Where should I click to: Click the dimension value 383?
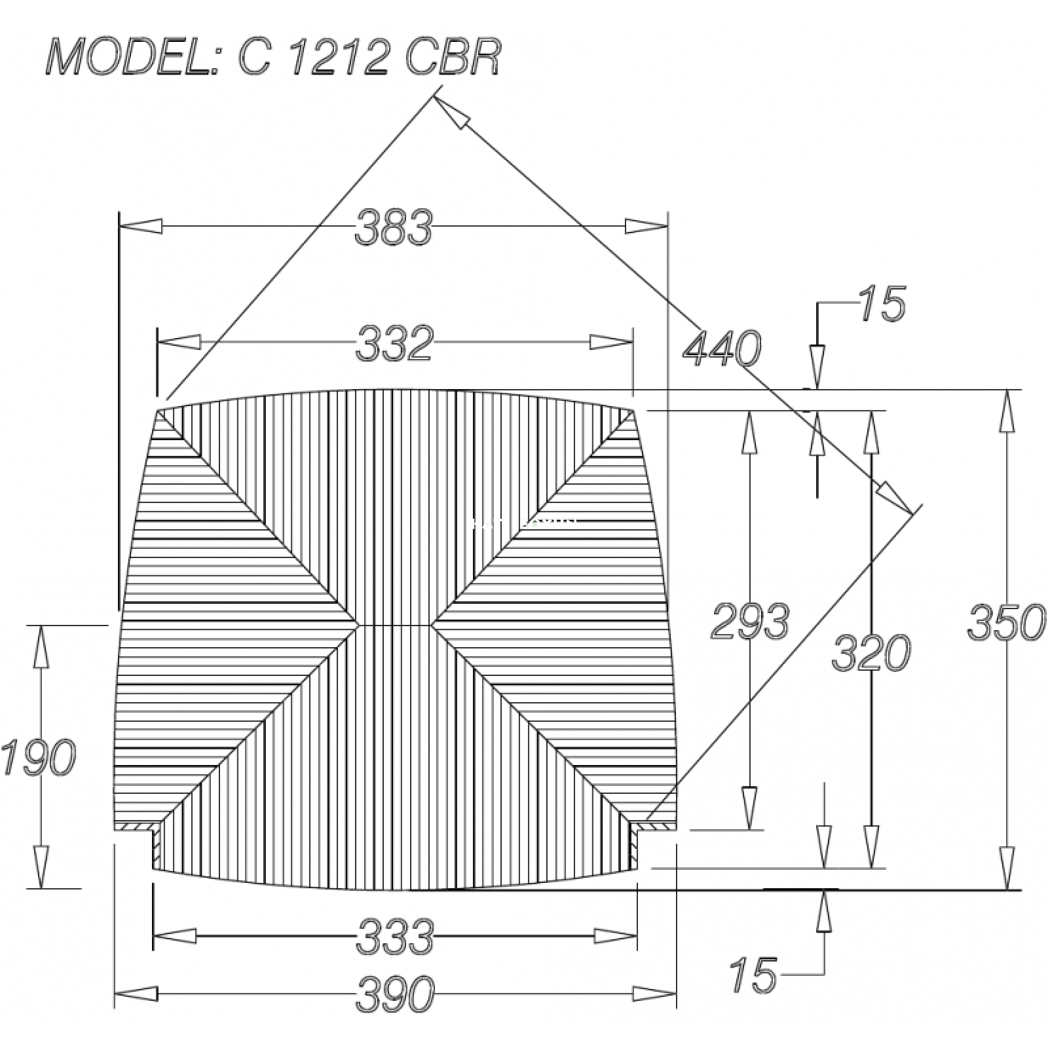(x=394, y=227)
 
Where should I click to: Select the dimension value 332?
(x=395, y=343)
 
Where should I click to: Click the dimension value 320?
(x=871, y=652)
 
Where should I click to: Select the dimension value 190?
(x=38, y=758)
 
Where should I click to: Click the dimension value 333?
(x=395, y=937)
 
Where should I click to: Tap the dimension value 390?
(x=395, y=994)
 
